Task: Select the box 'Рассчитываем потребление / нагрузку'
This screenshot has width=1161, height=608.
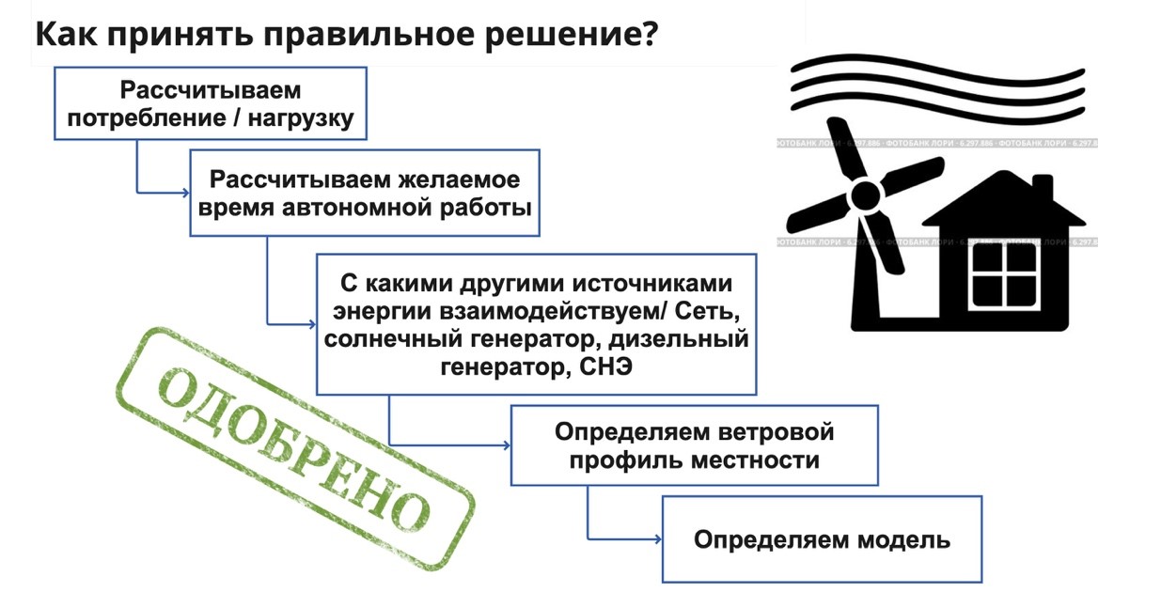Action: click(x=209, y=103)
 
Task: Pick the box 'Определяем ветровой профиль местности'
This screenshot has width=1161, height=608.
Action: click(x=694, y=445)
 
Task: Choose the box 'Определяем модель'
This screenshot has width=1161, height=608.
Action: click(x=822, y=539)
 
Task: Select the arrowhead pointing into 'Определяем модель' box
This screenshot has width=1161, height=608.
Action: click(x=656, y=539)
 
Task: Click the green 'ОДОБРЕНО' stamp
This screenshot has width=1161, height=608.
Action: click(x=294, y=448)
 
